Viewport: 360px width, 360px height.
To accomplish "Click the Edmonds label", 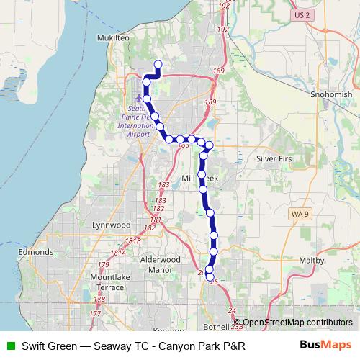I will click(x=36, y=253).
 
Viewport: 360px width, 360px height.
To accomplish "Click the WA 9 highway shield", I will click(x=300, y=215).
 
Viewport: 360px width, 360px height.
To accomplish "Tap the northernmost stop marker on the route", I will click(x=158, y=65).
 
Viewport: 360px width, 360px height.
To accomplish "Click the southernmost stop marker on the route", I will click(x=210, y=276).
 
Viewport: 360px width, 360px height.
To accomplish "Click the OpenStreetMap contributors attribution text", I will click(x=297, y=323).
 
